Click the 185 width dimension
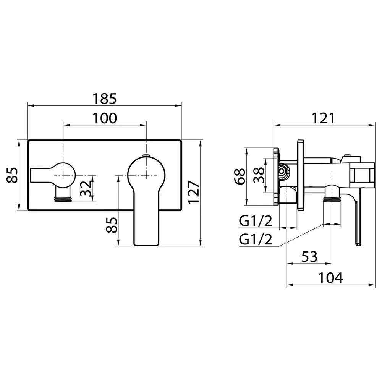point(105,99)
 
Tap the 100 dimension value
point(105,118)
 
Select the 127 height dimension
point(194,192)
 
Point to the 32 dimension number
point(86,188)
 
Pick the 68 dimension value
point(240,176)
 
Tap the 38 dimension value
point(259,175)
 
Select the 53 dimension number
point(309,257)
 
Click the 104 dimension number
point(331,278)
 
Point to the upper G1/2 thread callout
point(256,222)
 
